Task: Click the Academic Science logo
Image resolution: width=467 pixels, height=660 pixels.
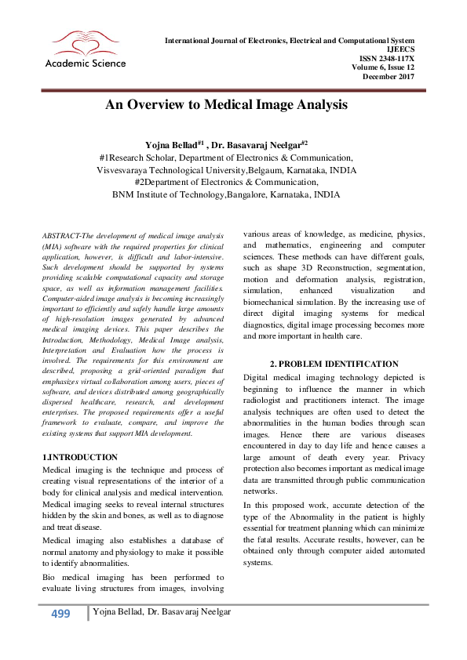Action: [79, 49]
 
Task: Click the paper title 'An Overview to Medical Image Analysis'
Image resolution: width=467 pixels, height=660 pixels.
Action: [226, 104]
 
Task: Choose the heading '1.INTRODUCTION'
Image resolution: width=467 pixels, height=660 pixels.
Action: [78, 457]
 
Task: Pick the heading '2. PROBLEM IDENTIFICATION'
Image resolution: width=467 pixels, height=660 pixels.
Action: [334, 364]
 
